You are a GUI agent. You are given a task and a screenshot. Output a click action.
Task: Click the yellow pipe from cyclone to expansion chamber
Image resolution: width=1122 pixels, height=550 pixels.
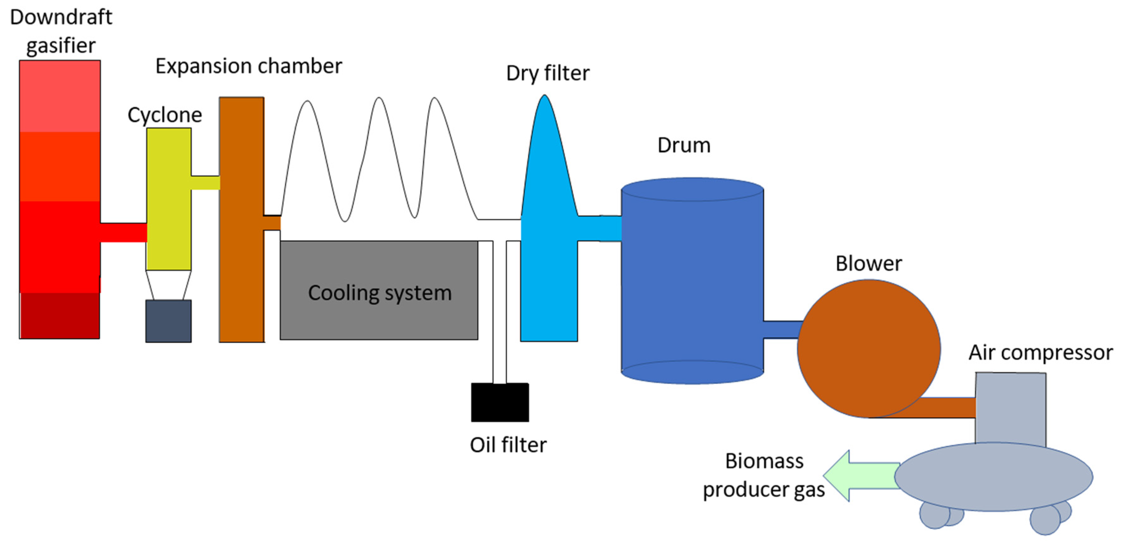pyautogui.click(x=205, y=182)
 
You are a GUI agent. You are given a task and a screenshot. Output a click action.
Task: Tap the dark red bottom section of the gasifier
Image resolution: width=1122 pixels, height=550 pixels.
pyautogui.click(x=60, y=315)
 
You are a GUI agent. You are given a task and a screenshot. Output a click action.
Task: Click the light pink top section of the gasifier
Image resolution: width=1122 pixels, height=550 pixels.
pyautogui.click(x=60, y=96)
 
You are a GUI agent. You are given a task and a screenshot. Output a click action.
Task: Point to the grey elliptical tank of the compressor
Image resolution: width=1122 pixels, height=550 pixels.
pyautogui.click(x=993, y=477)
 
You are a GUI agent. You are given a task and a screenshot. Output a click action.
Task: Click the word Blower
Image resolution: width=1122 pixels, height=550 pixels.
pyautogui.click(x=868, y=263)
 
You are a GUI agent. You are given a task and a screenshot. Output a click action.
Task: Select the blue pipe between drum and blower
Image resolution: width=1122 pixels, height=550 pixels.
pyautogui.click(x=782, y=329)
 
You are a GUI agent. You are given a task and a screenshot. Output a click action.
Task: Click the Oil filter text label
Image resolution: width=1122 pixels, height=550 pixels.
pyautogui.click(x=507, y=445)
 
